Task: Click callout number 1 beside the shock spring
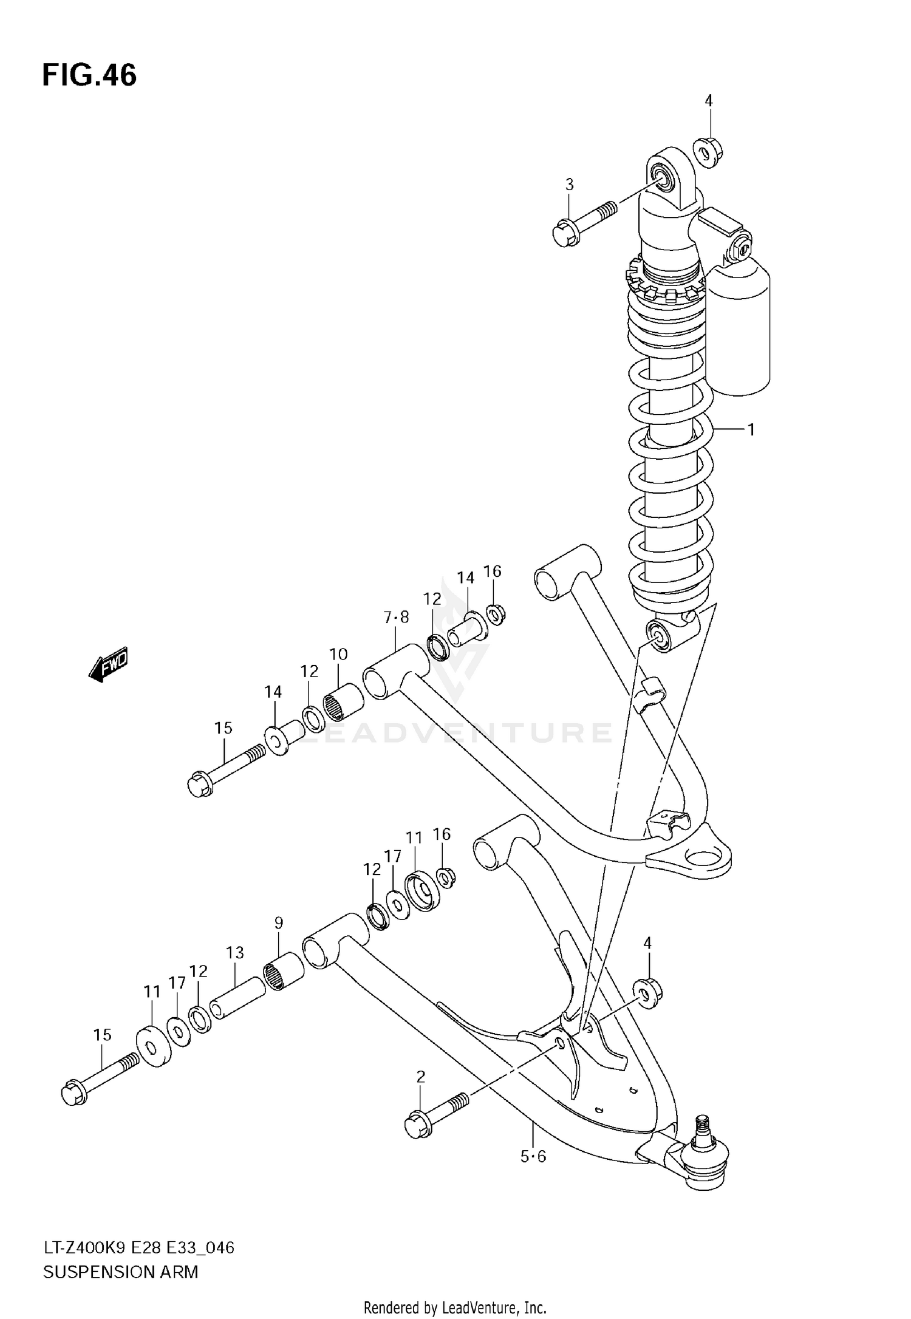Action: click(x=751, y=430)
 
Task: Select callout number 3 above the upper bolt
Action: click(x=569, y=185)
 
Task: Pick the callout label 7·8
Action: click(x=397, y=618)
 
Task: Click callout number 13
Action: click(x=235, y=953)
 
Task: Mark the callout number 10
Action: click(x=338, y=654)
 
